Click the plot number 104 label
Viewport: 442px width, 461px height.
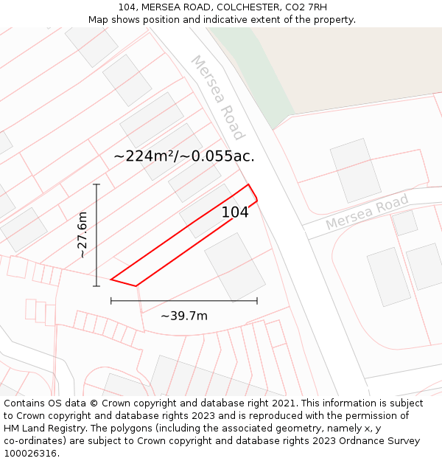click(235, 212)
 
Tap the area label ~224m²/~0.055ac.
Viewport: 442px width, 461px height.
click(184, 156)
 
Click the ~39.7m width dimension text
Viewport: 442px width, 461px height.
click(184, 316)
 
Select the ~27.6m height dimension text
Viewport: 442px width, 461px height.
click(82, 235)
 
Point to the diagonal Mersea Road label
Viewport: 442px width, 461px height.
click(217, 97)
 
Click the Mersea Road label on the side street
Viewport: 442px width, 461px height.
click(367, 212)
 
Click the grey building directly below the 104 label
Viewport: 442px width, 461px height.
click(234, 267)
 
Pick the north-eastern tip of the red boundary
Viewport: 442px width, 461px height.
click(248, 184)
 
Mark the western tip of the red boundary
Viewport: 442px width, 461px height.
click(110, 280)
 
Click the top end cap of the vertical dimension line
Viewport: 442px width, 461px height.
click(96, 184)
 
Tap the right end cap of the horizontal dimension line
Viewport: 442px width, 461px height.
click(257, 300)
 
